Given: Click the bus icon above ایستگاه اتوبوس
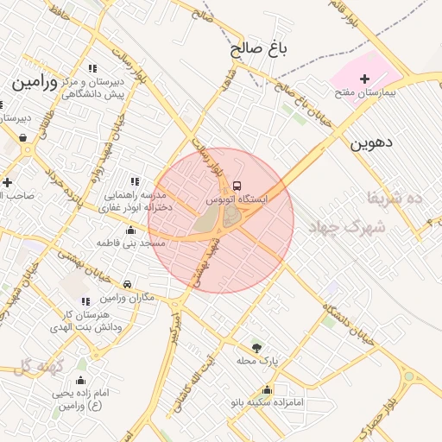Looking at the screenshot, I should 237,185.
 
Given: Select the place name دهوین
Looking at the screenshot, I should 370,142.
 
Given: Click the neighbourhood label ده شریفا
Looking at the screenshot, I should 395,197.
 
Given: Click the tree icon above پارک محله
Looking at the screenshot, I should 256,347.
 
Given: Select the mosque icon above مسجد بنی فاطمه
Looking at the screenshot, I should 130,230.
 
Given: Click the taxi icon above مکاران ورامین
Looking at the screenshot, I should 127,284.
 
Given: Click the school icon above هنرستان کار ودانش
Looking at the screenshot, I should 85,301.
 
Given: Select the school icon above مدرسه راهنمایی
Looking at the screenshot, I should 134,181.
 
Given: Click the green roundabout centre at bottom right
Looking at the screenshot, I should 407,376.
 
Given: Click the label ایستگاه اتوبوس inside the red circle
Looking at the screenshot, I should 237,199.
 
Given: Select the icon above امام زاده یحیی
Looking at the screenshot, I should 81,381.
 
